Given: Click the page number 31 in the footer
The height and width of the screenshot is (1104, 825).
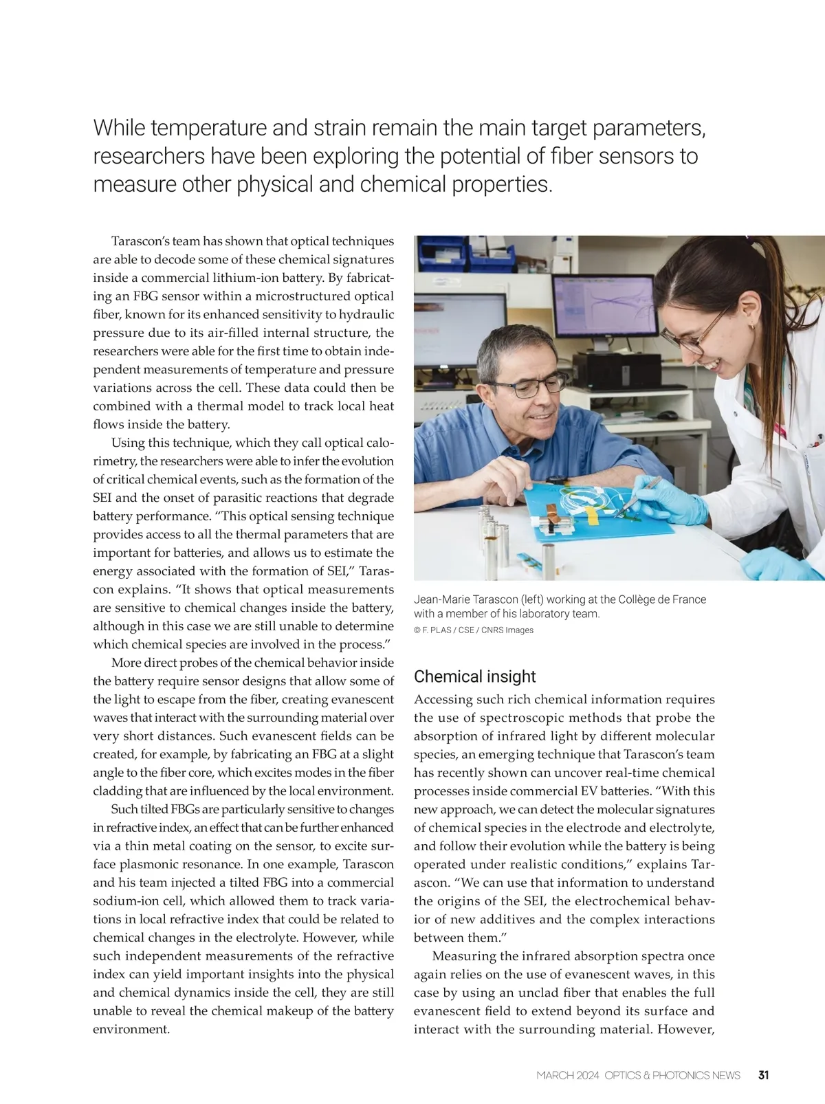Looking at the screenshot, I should [x=763, y=1075].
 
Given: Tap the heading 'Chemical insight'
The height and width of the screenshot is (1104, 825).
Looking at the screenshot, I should [x=474, y=676].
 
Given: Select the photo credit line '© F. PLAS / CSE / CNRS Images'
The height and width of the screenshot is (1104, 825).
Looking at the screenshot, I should [x=474, y=630].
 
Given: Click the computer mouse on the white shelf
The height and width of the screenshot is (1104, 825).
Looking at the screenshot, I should [x=667, y=415].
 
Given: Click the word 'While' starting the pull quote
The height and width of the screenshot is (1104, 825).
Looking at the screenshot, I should [x=119, y=128].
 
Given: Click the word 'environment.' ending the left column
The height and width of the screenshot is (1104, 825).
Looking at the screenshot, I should [x=131, y=1029].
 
